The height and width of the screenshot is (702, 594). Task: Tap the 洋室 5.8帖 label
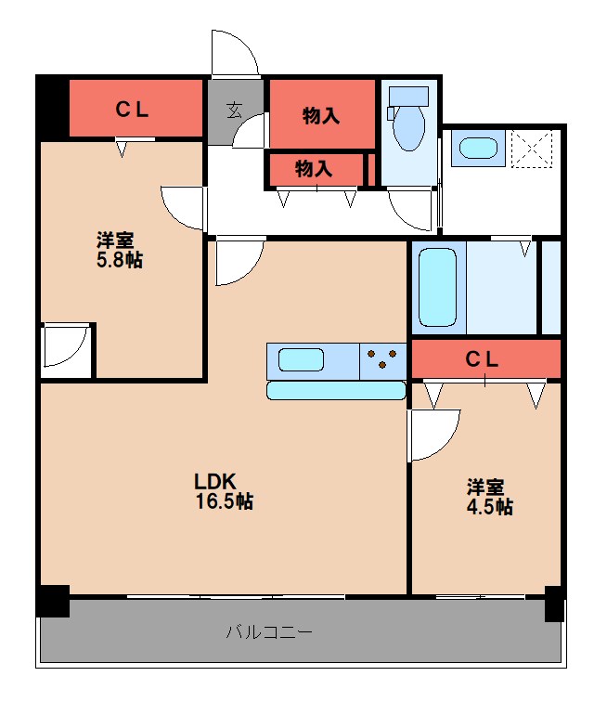(120, 248)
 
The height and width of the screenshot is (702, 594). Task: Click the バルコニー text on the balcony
(269, 633)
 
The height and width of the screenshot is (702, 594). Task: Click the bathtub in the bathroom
(437, 286)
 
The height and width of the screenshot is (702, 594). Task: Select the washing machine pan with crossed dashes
(533, 149)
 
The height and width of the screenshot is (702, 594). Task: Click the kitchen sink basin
(300, 359)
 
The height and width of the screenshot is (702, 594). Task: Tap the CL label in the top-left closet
(132, 109)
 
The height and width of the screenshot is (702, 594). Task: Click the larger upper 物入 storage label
(321, 115)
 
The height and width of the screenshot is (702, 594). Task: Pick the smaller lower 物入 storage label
(314, 168)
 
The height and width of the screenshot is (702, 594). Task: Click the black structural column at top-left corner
(52, 106)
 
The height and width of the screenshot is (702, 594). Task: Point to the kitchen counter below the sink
(336, 390)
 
